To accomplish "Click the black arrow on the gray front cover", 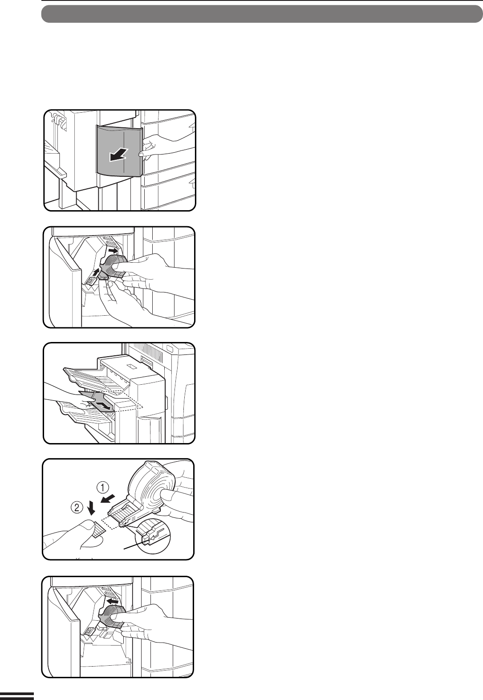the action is [119, 155].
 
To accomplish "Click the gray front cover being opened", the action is [120, 151].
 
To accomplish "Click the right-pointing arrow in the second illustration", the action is [113, 251].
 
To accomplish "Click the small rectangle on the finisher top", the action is [130, 366].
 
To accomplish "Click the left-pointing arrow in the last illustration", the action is [113, 601].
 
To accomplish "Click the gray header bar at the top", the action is [262, 14].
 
